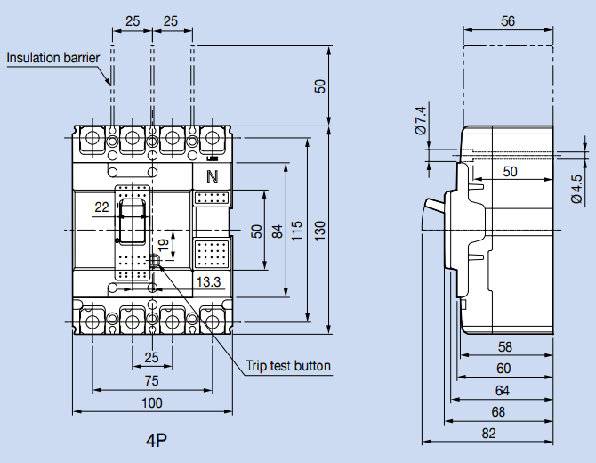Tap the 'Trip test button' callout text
(x=288, y=366)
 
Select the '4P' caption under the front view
(x=157, y=440)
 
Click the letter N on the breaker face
(x=212, y=175)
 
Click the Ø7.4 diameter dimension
(x=421, y=121)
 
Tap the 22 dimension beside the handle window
(x=102, y=207)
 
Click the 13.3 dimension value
(x=208, y=281)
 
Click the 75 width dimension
(x=152, y=380)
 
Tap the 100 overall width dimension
(x=152, y=403)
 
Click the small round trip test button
(x=156, y=261)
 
